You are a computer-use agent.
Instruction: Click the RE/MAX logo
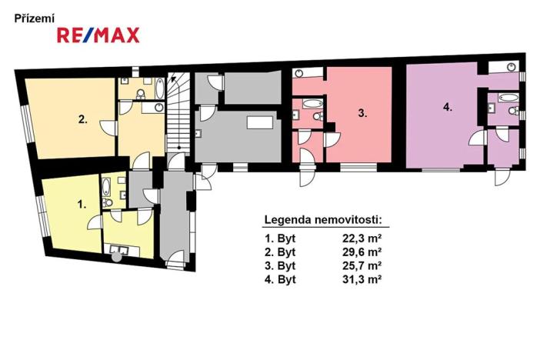tap(98, 35)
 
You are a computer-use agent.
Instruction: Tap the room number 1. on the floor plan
tap(82, 205)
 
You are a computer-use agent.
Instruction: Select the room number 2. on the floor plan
tap(82, 119)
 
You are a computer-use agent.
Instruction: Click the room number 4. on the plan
tap(448, 108)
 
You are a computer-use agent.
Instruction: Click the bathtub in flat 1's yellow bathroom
tap(107, 186)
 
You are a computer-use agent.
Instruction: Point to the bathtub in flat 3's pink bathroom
tap(312, 103)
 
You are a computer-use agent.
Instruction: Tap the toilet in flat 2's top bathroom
tap(138, 93)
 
